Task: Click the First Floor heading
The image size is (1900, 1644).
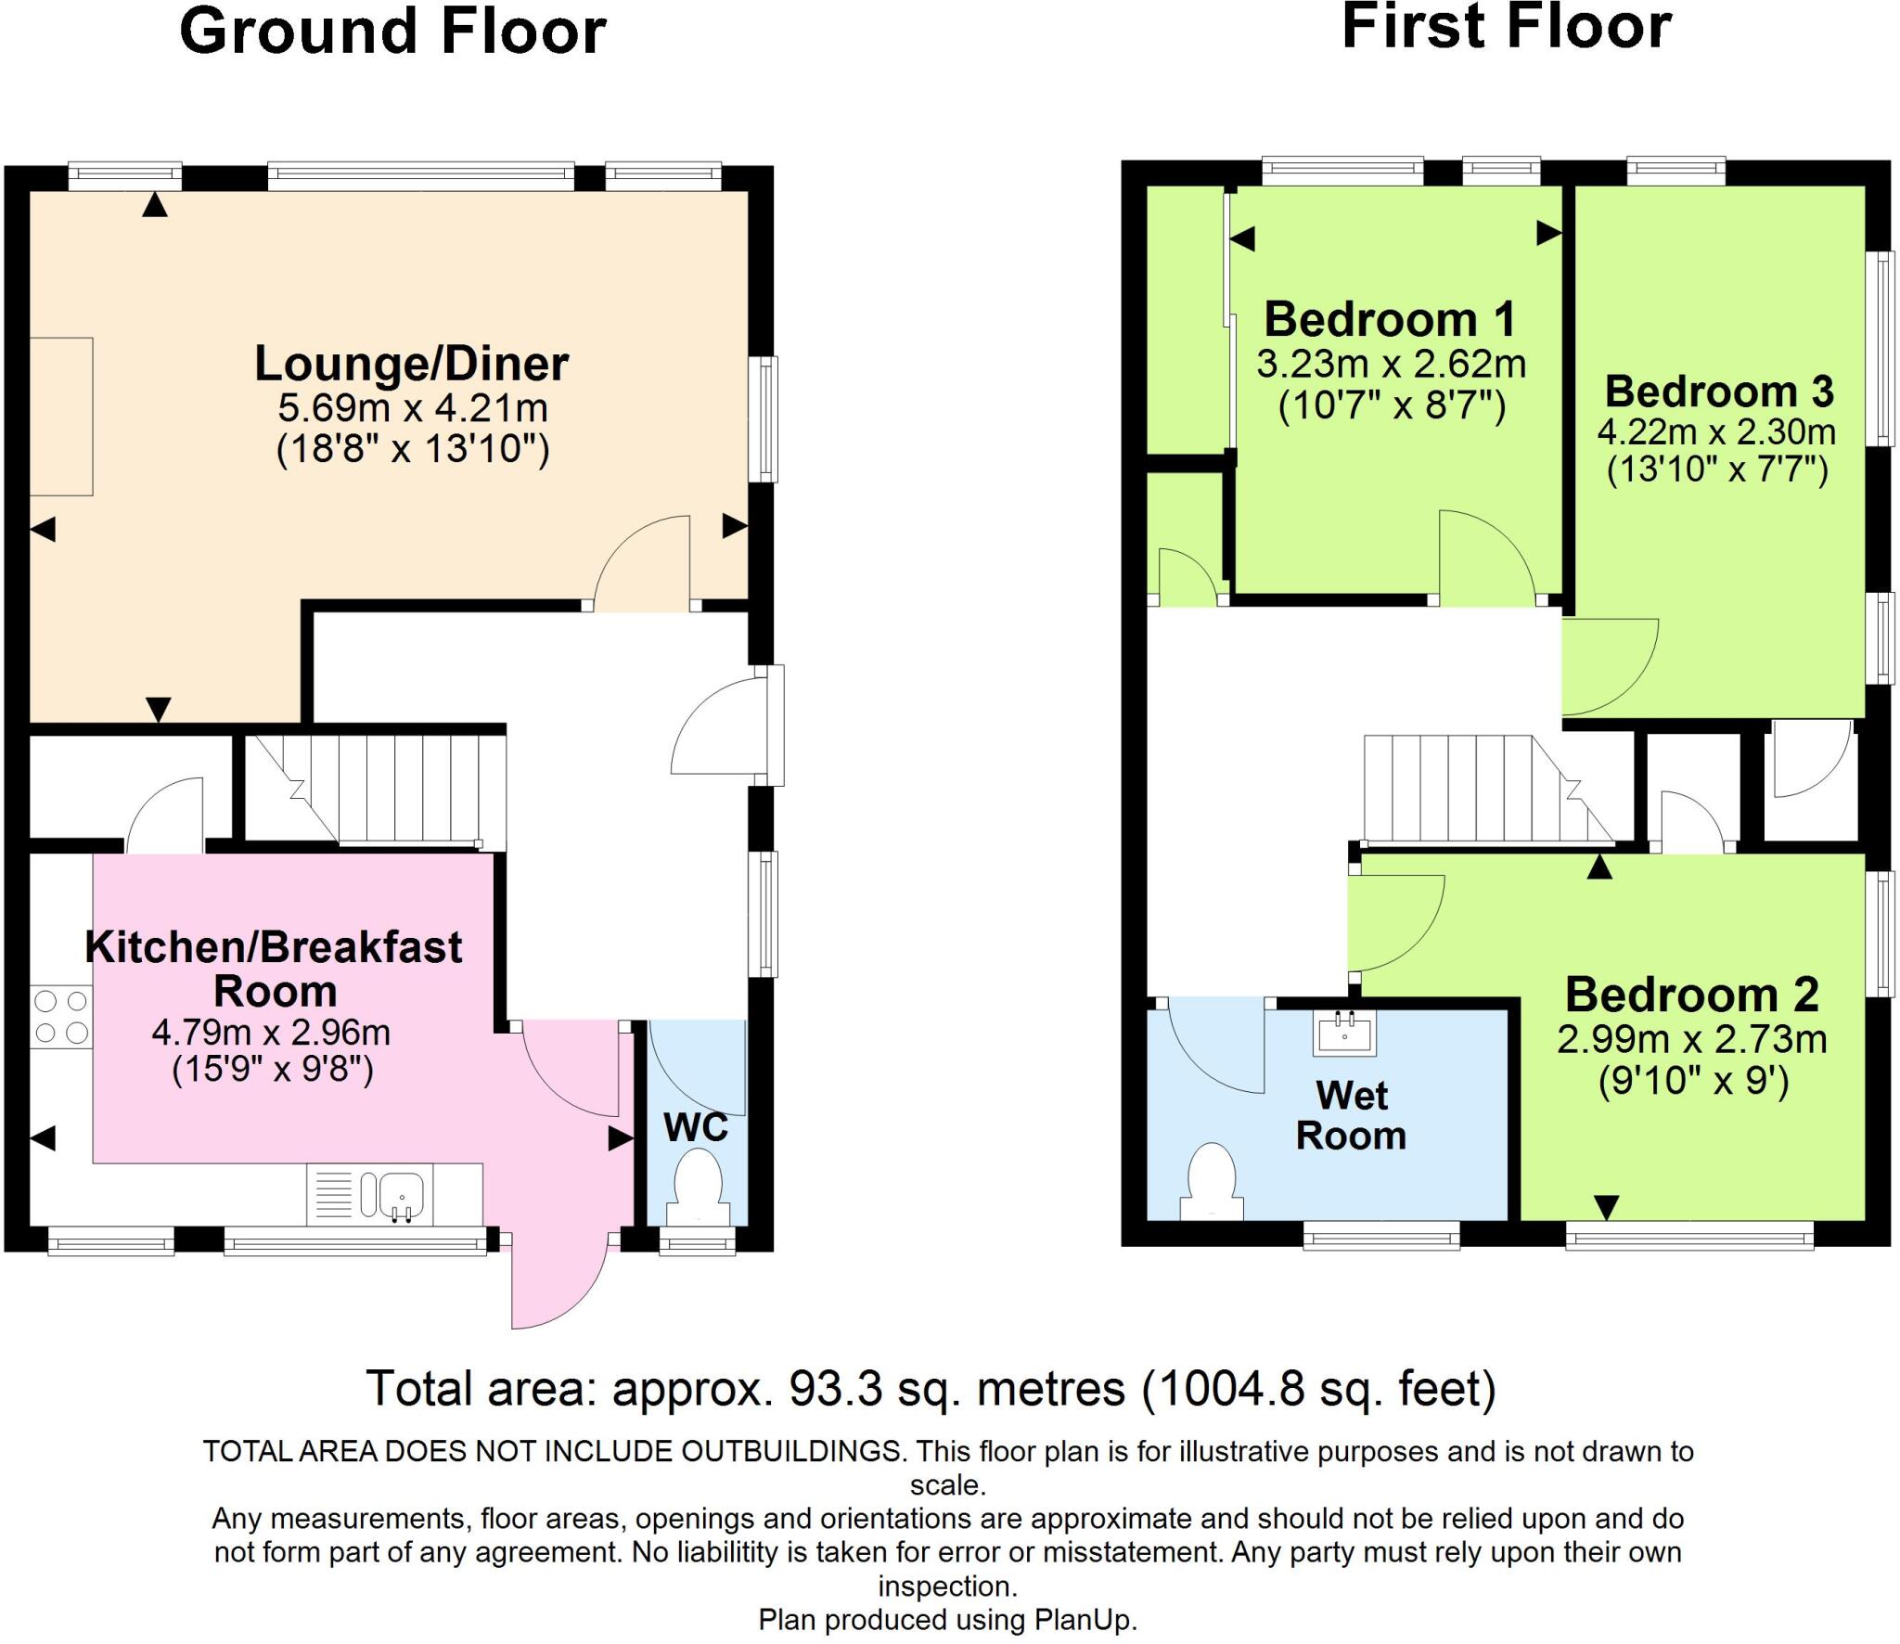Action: [x=1506, y=27]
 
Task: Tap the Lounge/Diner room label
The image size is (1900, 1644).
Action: [x=411, y=364]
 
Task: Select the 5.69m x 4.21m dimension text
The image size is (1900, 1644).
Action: [x=413, y=407]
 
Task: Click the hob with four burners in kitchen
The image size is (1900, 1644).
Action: [x=60, y=1017]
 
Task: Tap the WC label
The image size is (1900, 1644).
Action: [x=696, y=1127]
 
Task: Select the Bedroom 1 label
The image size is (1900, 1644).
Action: [x=1390, y=320]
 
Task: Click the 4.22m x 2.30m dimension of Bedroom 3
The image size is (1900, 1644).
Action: [x=1716, y=431]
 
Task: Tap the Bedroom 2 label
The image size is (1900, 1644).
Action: [x=1691, y=995]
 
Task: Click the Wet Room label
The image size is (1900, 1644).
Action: [x=1351, y=1115]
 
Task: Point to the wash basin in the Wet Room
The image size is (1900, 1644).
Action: [x=1344, y=1032]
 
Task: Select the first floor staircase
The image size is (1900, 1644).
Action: [x=1484, y=789]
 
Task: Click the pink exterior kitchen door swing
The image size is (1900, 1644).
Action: [x=557, y=1285]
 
